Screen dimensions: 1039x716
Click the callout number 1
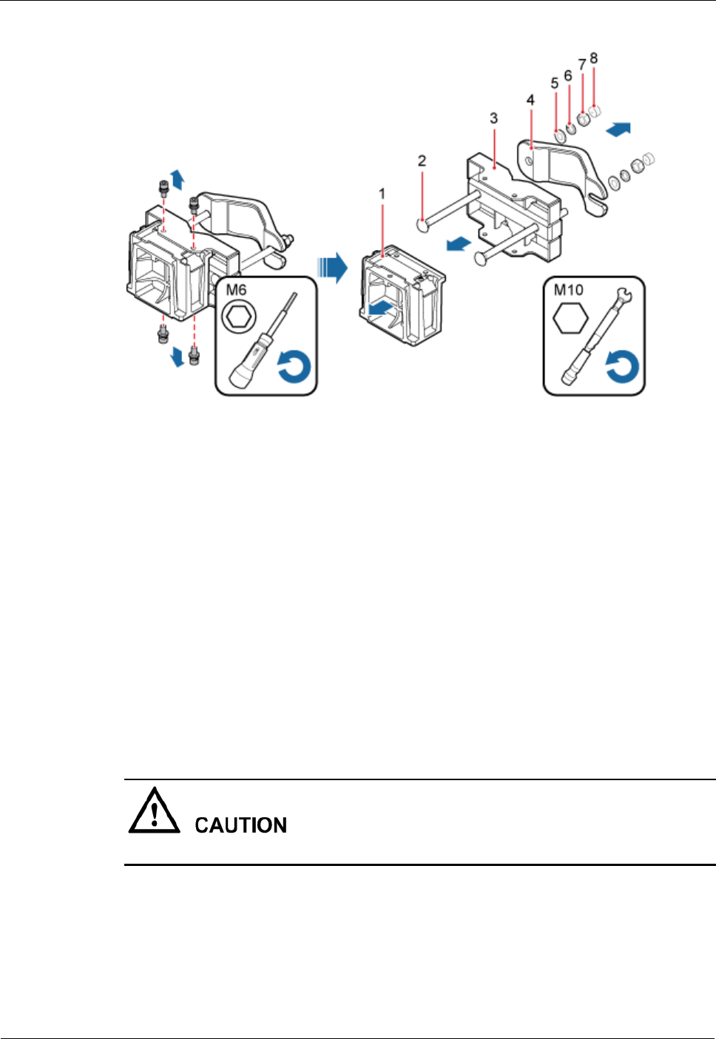click(382, 194)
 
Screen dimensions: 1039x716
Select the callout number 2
click(422, 160)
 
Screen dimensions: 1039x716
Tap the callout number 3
click(494, 118)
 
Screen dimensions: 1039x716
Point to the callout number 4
click(530, 100)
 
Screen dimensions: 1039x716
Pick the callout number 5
click(555, 84)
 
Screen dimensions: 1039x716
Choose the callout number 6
click(568, 75)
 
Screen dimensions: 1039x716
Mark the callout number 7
click(582, 65)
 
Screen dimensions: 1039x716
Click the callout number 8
click(594, 58)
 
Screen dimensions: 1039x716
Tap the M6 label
click(236, 290)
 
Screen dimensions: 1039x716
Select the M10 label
click(569, 290)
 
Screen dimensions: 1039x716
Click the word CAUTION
click(240, 825)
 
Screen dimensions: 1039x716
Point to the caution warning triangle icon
click(154, 811)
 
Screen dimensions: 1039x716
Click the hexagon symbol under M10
click(571, 319)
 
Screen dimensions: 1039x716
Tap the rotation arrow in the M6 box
click(294, 368)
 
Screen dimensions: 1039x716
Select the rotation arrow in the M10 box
click(622, 368)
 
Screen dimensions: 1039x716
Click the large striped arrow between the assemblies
click(332, 266)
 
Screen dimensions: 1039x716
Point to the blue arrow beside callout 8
click(618, 129)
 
